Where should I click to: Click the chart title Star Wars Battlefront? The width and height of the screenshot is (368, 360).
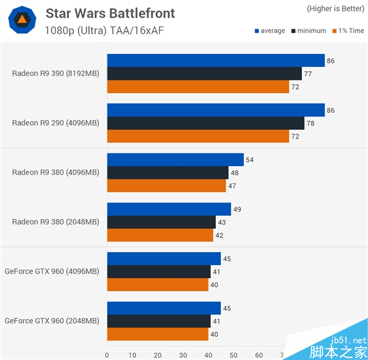(110, 13)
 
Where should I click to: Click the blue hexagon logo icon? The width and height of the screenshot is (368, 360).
(21, 21)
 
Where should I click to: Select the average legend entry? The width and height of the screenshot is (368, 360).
(269, 31)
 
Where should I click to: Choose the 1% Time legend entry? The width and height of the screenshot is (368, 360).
(348, 31)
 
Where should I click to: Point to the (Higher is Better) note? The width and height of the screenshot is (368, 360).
(335, 9)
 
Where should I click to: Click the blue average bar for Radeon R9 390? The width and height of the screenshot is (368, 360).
(215, 60)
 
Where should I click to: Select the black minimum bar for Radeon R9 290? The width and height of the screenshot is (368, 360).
(205, 123)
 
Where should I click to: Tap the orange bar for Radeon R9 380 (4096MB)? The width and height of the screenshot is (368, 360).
(166, 186)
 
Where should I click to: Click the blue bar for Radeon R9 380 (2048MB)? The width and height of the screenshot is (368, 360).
(169, 209)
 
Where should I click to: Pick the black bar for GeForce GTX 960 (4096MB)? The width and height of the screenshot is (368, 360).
(158, 272)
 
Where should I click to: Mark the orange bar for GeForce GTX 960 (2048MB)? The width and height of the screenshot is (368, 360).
(158, 334)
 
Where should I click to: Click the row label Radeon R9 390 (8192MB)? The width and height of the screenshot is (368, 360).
(55, 73)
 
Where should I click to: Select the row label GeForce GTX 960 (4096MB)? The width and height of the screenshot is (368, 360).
(52, 271)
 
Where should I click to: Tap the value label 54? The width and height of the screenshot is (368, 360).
(250, 160)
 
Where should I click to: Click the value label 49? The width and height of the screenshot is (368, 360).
(237, 209)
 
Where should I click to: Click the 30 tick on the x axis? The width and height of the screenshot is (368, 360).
(183, 354)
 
